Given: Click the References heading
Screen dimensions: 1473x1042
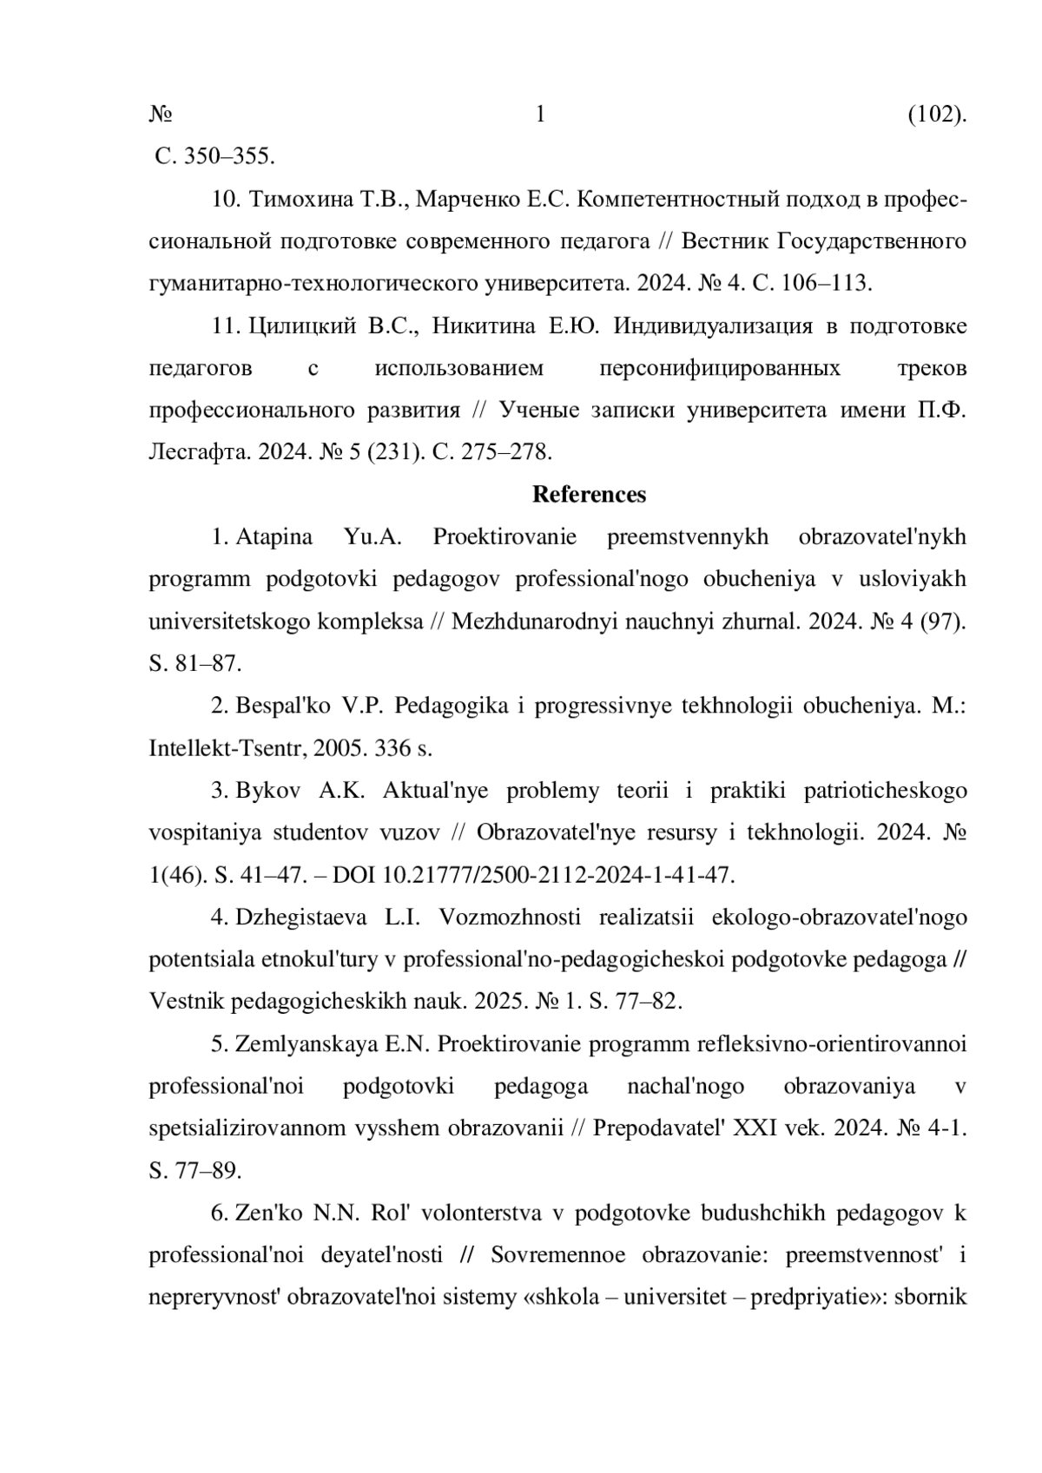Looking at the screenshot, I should [x=589, y=495].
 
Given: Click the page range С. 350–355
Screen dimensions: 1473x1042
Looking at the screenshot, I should [x=214, y=157].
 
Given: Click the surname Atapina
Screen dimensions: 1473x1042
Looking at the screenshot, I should [x=274, y=536].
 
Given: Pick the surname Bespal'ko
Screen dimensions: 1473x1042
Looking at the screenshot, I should [x=282, y=705].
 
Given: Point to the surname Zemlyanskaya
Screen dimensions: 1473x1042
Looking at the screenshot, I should [x=307, y=1043].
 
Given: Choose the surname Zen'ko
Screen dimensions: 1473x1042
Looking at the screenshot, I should [x=268, y=1213].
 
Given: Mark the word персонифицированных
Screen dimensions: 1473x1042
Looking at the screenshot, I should [x=720, y=368].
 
